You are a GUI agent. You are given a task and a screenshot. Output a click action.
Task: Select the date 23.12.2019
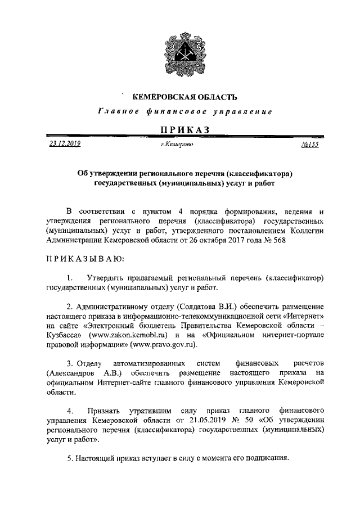click(x=65, y=144)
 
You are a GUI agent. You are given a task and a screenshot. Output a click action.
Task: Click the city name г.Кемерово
click(x=177, y=145)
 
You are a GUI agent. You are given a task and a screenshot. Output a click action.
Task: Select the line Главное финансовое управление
click(x=184, y=112)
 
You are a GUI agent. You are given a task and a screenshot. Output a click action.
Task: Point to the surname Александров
click(x=71, y=373)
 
